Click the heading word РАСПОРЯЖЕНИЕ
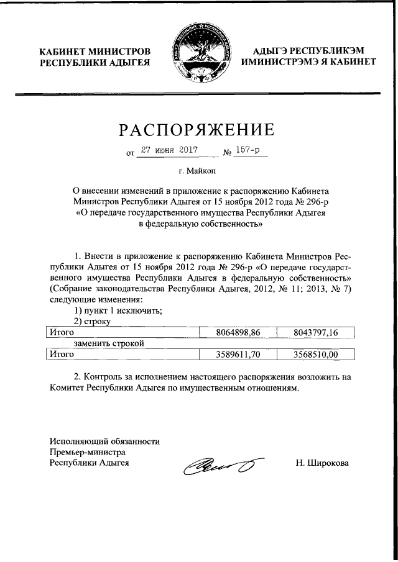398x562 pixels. (x=197, y=130)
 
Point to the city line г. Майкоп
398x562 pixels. (x=198, y=170)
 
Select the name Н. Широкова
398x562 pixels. (x=322, y=463)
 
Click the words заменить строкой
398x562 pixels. (x=108, y=343)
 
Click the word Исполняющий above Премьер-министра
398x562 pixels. (x=81, y=441)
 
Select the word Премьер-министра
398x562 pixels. (x=88, y=451)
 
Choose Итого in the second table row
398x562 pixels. (x=62, y=354)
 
